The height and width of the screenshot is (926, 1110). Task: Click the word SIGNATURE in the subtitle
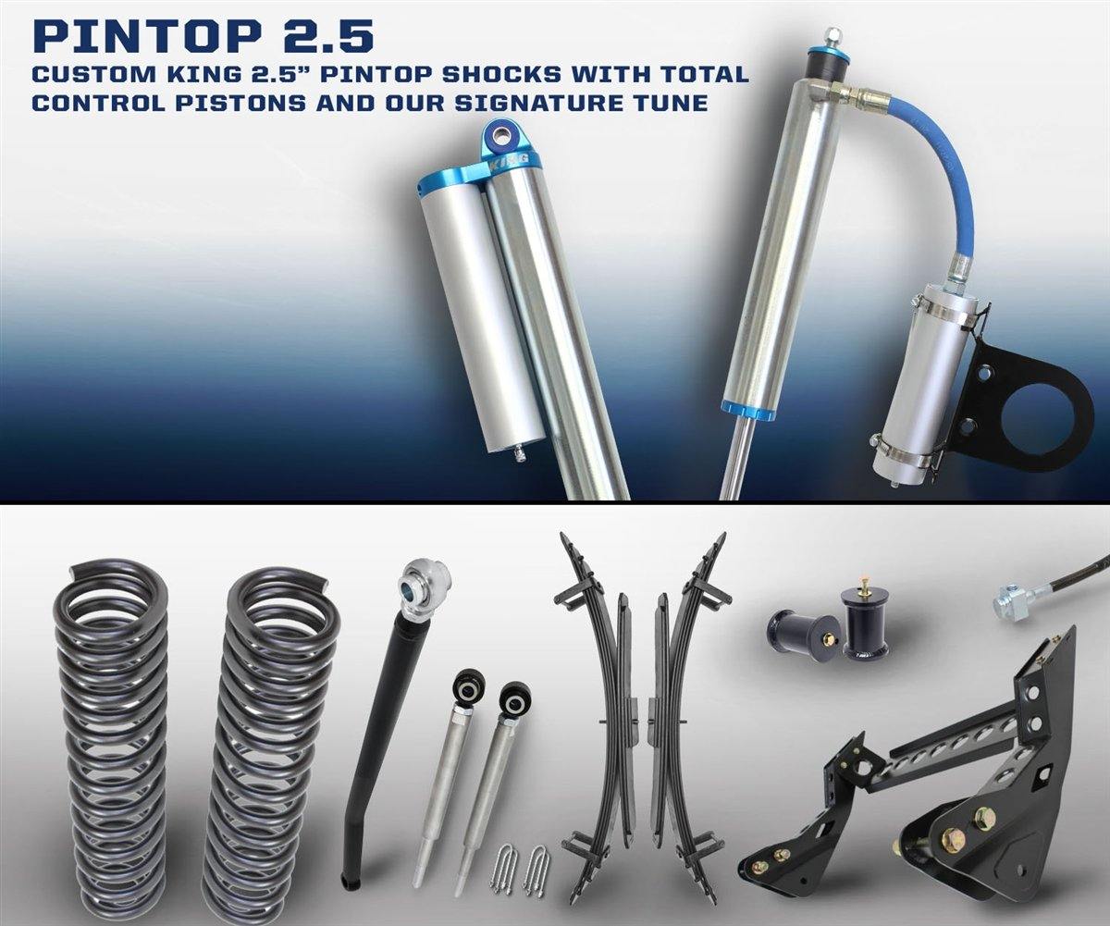546,101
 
